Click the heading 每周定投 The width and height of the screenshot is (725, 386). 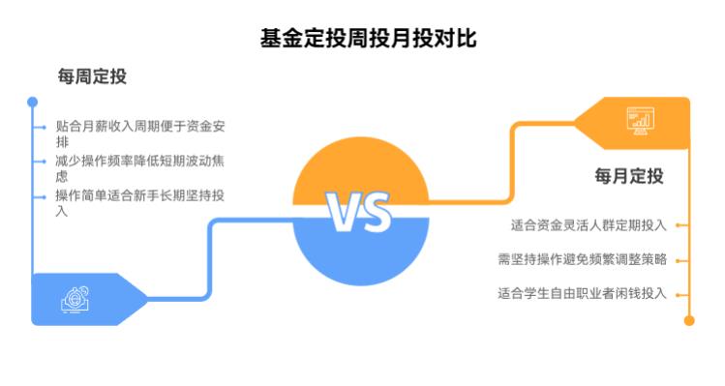(x=92, y=76)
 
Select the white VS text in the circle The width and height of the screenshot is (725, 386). (x=358, y=212)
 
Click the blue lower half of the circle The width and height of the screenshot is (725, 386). (x=360, y=253)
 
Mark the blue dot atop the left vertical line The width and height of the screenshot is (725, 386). (x=32, y=102)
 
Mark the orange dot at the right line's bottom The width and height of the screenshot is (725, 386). (x=689, y=320)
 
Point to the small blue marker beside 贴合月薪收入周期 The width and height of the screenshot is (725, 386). (x=43, y=127)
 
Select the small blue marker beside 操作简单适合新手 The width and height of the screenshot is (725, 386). (x=43, y=196)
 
